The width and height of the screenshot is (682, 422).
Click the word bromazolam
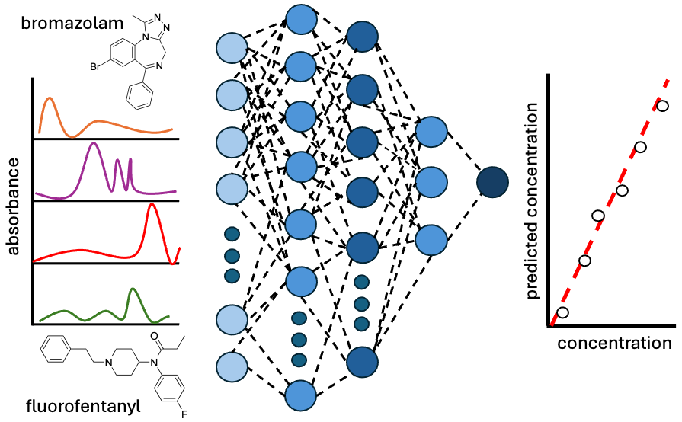tap(72, 23)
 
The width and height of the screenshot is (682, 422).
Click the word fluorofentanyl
tap(83, 406)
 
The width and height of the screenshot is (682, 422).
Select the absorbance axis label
tap(14, 206)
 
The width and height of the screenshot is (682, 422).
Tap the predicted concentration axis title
tap(532, 201)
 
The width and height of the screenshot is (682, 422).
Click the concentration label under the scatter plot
tap(614, 343)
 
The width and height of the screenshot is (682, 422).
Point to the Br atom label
tap(95, 67)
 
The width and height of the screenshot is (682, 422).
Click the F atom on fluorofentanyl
tap(184, 414)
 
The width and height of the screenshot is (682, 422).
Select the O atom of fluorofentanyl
tap(154, 336)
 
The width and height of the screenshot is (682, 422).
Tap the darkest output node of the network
tap(492, 182)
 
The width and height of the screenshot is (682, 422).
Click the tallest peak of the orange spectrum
tap(49, 98)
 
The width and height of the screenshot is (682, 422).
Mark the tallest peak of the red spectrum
tap(151, 204)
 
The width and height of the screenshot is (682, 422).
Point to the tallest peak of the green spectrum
tap(133, 289)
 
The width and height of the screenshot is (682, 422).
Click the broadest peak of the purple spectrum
tap(92, 143)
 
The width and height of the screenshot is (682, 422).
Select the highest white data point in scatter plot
tap(662, 106)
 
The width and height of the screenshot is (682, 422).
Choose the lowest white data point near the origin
tap(563, 312)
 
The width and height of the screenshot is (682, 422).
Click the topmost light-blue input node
tap(232, 47)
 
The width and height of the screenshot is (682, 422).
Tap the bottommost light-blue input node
tap(232, 367)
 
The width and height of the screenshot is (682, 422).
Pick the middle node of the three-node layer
tap(431, 181)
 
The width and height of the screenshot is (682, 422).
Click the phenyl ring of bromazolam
tap(140, 97)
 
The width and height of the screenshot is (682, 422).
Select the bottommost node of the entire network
tap(301, 395)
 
